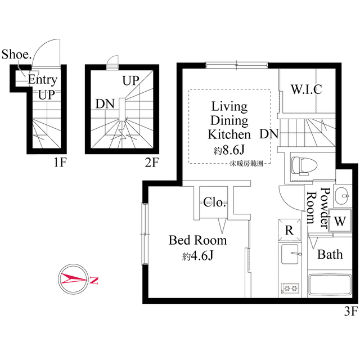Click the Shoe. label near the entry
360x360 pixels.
pyautogui.click(x=17, y=55)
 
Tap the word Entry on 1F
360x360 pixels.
pyautogui.click(x=42, y=80)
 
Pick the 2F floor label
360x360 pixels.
pyautogui.click(x=152, y=164)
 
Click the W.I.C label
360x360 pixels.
pyautogui.click(x=306, y=89)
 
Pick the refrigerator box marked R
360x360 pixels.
pyautogui.click(x=289, y=229)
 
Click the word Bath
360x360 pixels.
pyautogui.click(x=330, y=254)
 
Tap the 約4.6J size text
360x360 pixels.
pyautogui.click(x=198, y=256)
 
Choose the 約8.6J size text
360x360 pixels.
pyautogui.click(x=228, y=150)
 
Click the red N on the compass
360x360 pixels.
pyautogui.click(x=94, y=280)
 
